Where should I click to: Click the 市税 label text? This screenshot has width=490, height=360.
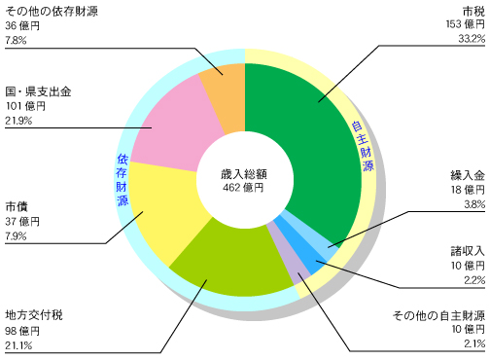click(x=471, y=9)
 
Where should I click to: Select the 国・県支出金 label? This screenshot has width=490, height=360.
click(x=39, y=90)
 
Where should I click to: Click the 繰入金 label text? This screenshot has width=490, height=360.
click(x=466, y=174)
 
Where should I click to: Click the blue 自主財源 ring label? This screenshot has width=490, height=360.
click(x=360, y=146)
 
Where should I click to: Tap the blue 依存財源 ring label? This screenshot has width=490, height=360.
click(x=122, y=179)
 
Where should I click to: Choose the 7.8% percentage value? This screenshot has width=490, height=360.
click(x=17, y=40)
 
